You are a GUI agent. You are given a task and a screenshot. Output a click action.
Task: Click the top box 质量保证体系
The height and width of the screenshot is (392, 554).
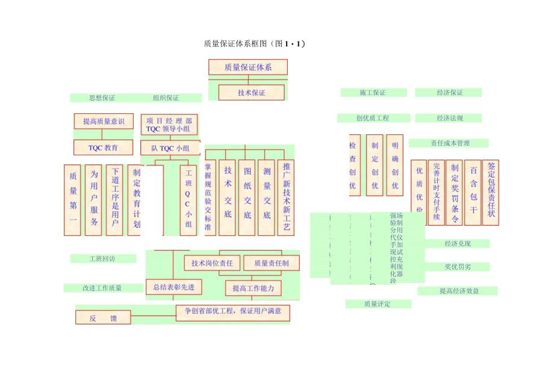click(247, 67)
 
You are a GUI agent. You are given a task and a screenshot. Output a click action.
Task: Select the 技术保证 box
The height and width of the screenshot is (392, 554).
click(251, 93)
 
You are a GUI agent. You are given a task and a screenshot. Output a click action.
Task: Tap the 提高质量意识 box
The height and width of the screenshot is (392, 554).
click(104, 121)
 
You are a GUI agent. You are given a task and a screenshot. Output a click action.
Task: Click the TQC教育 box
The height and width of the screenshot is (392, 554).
click(104, 147)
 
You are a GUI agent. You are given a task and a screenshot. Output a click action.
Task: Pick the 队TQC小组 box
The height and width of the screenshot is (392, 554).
click(170, 148)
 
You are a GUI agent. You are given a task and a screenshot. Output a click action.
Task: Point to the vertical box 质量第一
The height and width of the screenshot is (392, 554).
click(73, 200)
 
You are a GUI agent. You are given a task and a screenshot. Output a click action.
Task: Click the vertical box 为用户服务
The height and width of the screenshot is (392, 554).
click(93, 200)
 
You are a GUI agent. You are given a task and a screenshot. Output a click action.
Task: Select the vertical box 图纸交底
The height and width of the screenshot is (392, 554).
click(247, 198)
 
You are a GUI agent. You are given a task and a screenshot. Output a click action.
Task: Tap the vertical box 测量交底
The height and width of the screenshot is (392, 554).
click(267, 198)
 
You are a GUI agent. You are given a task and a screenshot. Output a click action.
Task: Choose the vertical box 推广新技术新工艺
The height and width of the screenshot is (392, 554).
click(287, 198)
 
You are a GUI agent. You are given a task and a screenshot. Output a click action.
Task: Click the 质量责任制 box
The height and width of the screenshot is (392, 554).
click(272, 263)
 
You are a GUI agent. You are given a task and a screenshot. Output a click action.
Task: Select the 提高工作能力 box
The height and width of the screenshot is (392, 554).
click(253, 288)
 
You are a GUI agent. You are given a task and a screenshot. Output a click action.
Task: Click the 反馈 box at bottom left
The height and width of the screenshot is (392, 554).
click(102, 317)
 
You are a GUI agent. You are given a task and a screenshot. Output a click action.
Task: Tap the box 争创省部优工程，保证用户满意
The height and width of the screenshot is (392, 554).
click(233, 313)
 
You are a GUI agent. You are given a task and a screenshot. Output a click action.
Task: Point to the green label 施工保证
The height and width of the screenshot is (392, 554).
click(373, 93)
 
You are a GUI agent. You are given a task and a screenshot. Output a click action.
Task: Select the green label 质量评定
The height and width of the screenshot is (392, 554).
click(378, 304)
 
